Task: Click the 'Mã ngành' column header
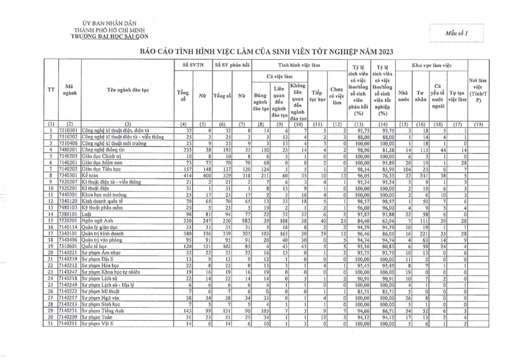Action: click(70, 90)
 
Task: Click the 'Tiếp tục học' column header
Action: click(317, 95)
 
